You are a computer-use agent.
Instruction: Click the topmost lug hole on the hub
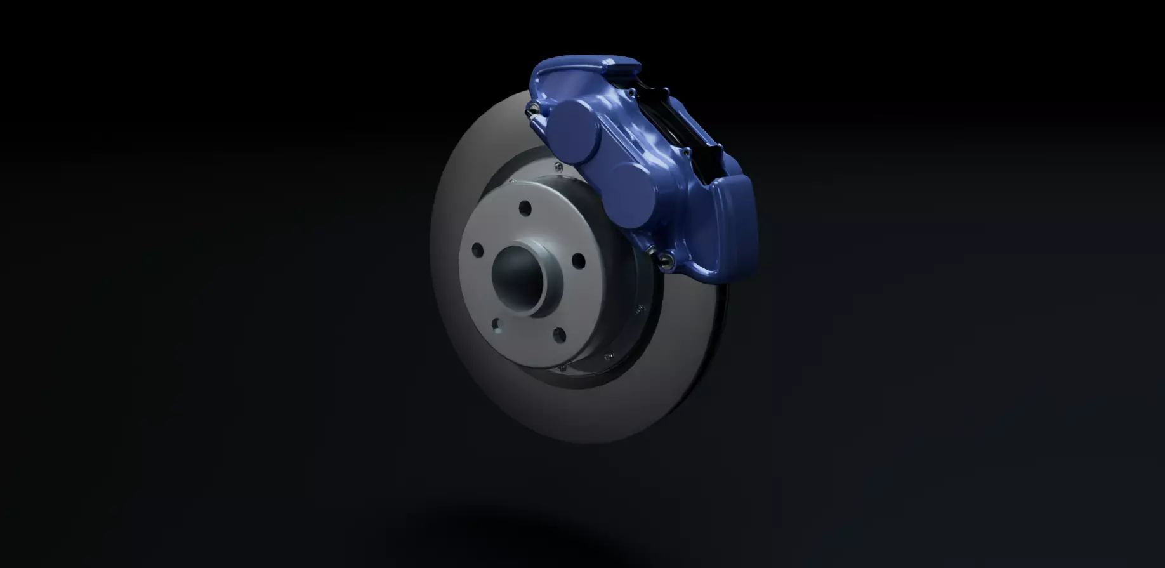point(525,208)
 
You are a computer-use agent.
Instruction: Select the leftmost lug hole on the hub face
point(477,250)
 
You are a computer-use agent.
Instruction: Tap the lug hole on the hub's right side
point(577,260)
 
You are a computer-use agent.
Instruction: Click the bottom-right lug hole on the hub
point(559,335)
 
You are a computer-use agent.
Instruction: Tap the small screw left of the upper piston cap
point(558,168)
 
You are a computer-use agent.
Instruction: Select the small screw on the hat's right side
point(640,309)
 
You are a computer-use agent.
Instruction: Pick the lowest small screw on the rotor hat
point(561,367)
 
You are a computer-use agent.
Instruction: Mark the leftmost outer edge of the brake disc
point(432,254)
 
